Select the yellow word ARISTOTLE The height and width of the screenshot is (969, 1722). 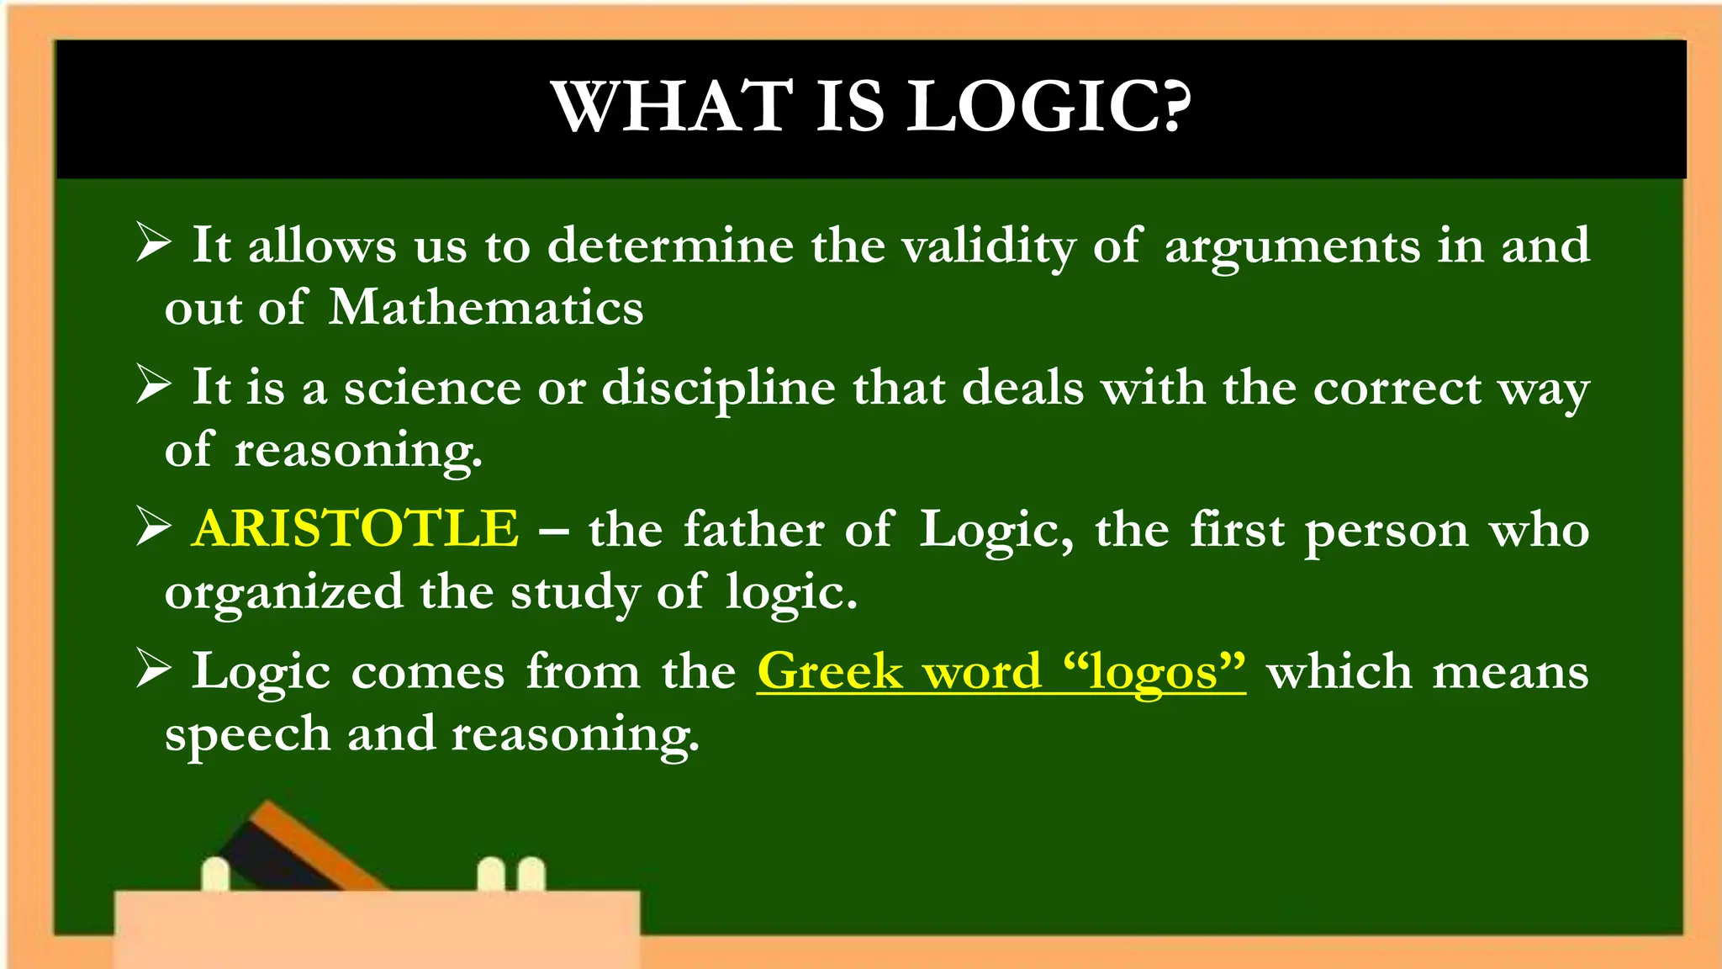click(355, 529)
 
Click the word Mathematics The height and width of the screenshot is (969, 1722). click(486, 307)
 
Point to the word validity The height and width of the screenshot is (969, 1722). click(989, 246)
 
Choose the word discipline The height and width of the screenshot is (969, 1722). click(719, 389)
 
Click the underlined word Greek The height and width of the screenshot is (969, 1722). click(830, 672)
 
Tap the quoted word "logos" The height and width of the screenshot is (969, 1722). click(1154, 672)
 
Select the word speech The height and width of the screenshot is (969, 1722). click(247, 734)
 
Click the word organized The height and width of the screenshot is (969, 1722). click(283, 593)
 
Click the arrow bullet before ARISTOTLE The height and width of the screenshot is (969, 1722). click(154, 527)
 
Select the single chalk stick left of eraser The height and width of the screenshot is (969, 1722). click(216, 875)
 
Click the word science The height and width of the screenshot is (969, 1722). click(432, 389)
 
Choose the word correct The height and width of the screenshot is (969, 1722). click(1397, 389)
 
